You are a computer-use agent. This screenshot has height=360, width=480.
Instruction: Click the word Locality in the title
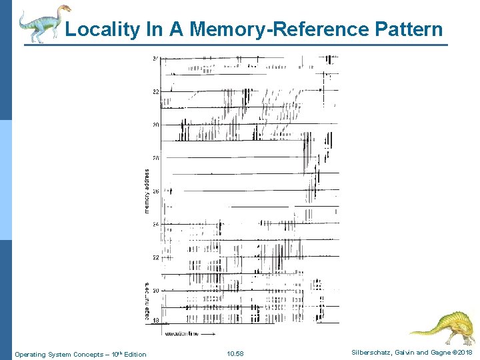(x=102, y=29)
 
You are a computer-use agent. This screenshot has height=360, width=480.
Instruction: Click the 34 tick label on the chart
(x=155, y=59)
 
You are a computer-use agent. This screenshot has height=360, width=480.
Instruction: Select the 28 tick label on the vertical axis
(x=155, y=158)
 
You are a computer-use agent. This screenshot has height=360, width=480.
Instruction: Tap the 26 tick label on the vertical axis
(x=155, y=191)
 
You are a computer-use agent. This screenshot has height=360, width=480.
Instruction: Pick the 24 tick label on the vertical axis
(x=155, y=225)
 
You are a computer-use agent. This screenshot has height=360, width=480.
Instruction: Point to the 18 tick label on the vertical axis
(x=155, y=321)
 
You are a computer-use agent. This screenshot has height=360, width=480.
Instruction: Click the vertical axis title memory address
(x=147, y=191)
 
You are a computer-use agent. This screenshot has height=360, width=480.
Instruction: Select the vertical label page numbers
(x=147, y=301)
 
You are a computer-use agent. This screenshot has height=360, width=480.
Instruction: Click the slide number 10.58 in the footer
(x=235, y=353)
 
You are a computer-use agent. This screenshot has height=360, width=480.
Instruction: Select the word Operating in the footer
(x=30, y=354)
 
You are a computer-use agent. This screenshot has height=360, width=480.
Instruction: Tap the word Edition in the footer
(x=134, y=354)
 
